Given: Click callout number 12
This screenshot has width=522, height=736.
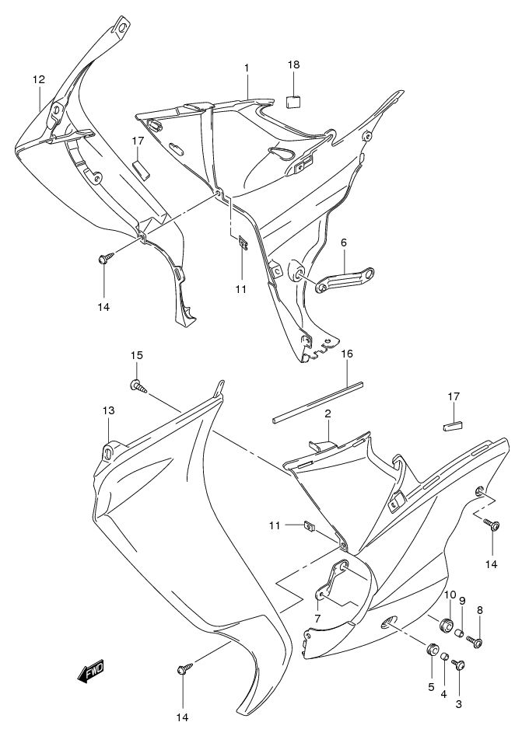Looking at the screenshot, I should [x=39, y=79].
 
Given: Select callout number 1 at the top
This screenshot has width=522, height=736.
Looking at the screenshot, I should [x=247, y=68].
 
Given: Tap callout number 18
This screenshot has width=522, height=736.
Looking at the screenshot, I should [x=293, y=65].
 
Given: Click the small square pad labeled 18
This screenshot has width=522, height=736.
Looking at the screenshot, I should [x=293, y=100].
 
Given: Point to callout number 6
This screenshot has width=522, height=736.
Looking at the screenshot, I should [x=343, y=242].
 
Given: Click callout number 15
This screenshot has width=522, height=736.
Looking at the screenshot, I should [x=136, y=355].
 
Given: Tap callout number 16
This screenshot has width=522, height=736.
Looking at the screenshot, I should [x=347, y=354].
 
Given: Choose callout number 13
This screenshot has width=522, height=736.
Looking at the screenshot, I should [x=108, y=410].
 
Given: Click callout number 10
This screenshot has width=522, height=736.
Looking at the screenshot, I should [x=450, y=595].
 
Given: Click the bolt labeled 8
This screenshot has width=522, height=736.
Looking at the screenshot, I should [x=478, y=642].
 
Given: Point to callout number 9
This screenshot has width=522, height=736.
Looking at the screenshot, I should [x=462, y=600].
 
